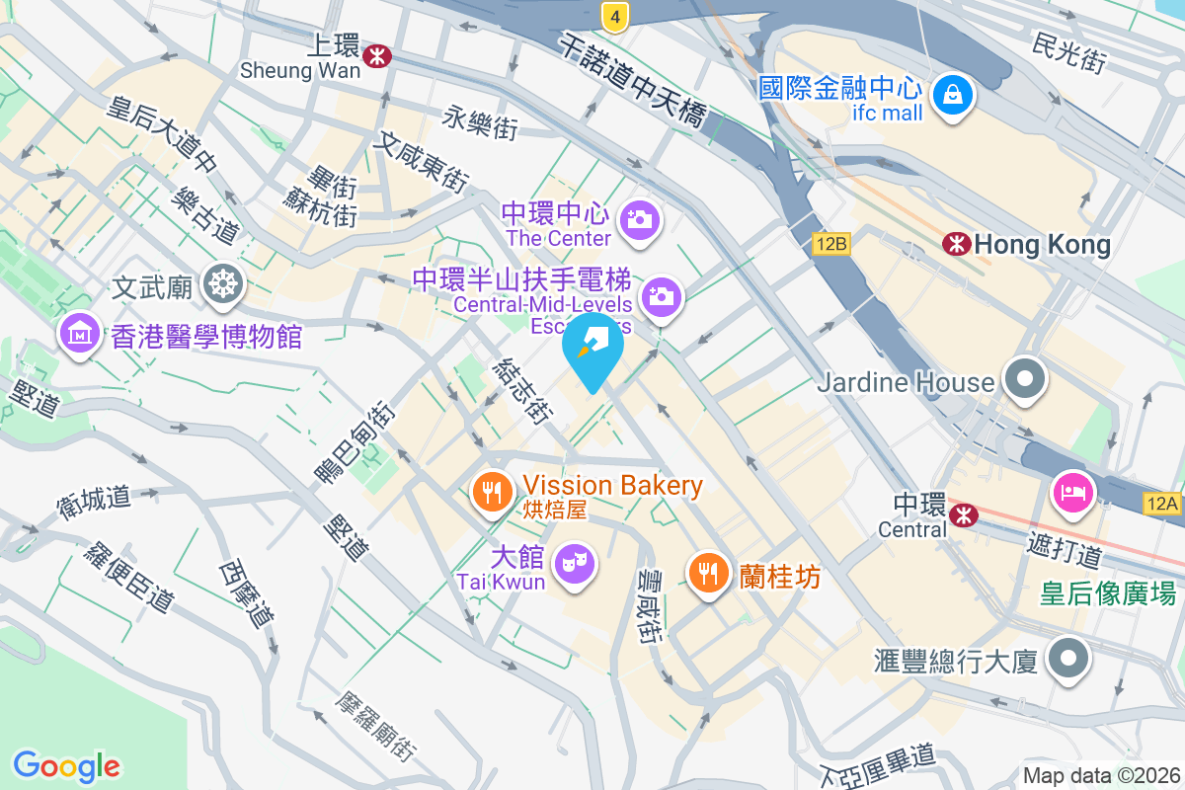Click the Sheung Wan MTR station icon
coord(375,56)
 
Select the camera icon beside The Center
coord(640,219)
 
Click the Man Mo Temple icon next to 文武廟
coord(222,285)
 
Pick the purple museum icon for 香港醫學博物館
coord(80,335)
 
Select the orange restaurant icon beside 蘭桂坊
coord(708,573)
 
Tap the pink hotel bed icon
coord(1073,490)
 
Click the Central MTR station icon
coord(963,513)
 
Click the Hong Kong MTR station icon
coord(955,243)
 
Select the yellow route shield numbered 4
coord(614,16)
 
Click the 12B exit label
coord(831,243)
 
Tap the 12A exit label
coord(1163,504)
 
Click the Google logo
coord(66,765)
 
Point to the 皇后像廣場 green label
coord(1109,592)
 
